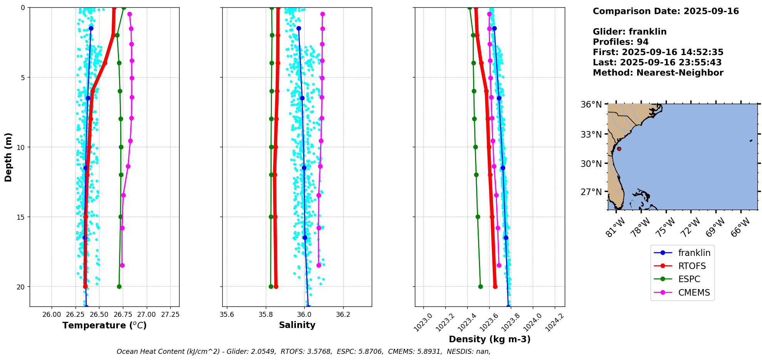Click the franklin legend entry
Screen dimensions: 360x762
click(694, 253)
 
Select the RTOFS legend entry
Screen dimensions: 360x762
click(692, 266)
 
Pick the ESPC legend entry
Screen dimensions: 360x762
click(689, 279)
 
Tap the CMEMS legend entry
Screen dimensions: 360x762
click(694, 293)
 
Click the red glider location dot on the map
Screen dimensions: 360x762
click(619, 149)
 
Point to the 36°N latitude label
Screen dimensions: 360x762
click(591, 105)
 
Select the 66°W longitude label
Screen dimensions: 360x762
click(740, 227)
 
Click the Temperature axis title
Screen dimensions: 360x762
click(104, 326)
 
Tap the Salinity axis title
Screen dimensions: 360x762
click(297, 325)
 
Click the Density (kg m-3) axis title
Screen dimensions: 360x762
click(490, 340)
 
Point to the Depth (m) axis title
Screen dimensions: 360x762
click(8, 157)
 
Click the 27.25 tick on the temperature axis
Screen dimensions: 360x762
click(170, 315)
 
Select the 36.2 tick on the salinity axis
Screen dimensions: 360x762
click(343, 315)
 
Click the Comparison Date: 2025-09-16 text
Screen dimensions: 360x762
click(666, 12)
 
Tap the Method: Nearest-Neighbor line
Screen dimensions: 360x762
click(658, 73)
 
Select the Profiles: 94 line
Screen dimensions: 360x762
click(621, 42)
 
